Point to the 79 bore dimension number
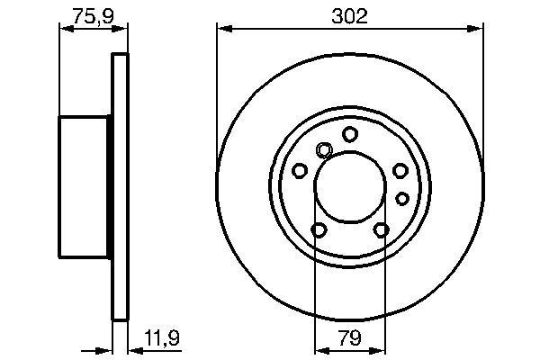coord(350,339)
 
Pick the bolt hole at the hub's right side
coord(400,170)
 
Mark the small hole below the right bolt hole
coord(402,197)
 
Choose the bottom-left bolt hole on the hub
coord(319,230)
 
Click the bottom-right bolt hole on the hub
coord(382,230)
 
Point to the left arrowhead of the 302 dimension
coord(221,30)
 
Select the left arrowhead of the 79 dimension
coord(319,351)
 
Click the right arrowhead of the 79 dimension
coord(382,351)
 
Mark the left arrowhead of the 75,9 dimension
coord(64,30)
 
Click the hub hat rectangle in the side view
coord(85,186)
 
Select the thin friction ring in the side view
coord(119,186)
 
